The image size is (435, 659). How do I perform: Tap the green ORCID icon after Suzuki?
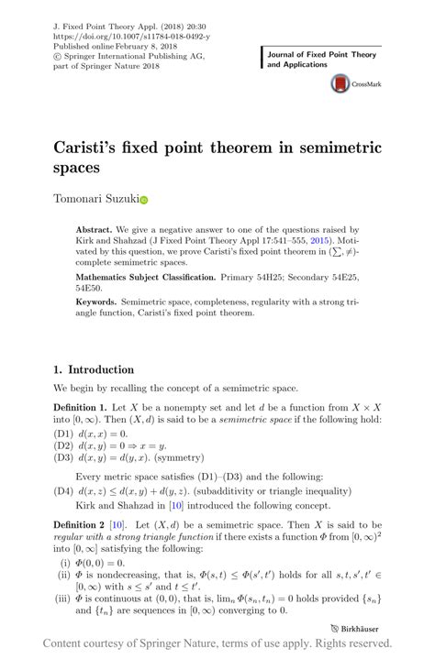point(144,199)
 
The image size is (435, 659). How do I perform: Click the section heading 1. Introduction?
point(94,370)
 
